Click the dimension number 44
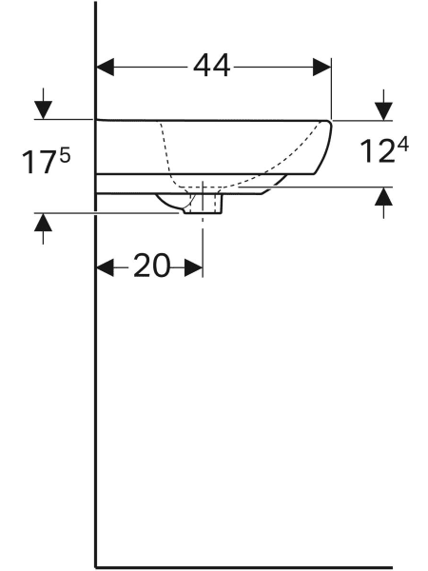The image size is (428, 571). pyautogui.click(x=211, y=67)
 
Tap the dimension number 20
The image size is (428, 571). pyautogui.click(x=152, y=266)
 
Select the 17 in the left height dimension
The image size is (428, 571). pyautogui.click(x=38, y=163)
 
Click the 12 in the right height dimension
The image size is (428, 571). pyautogui.click(x=377, y=151)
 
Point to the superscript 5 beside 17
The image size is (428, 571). pyautogui.click(x=65, y=157)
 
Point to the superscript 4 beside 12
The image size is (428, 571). pyautogui.click(x=403, y=145)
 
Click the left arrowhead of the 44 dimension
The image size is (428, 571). pyautogui.click(x=106, y=67)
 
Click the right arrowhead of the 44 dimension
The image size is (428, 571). pyautogui.click(x=322, y=67)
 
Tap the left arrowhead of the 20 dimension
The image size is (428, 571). pyautogui.click(x=106, y=267)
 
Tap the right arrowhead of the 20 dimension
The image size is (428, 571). pyautogui.click(x=194, y=267)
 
